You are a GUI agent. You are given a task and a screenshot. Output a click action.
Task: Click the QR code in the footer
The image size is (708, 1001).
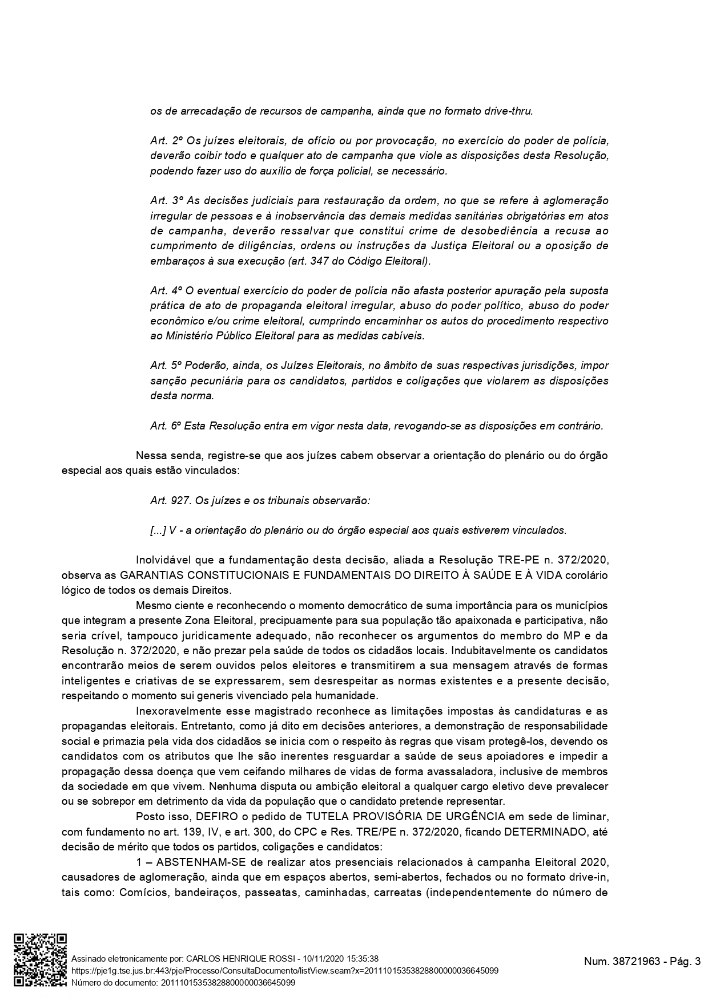click(41, 960)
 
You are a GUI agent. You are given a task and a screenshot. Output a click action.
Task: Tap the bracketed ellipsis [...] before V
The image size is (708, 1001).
click(158, 530)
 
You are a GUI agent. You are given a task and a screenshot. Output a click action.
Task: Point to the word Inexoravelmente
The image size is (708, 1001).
click(175, 711)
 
